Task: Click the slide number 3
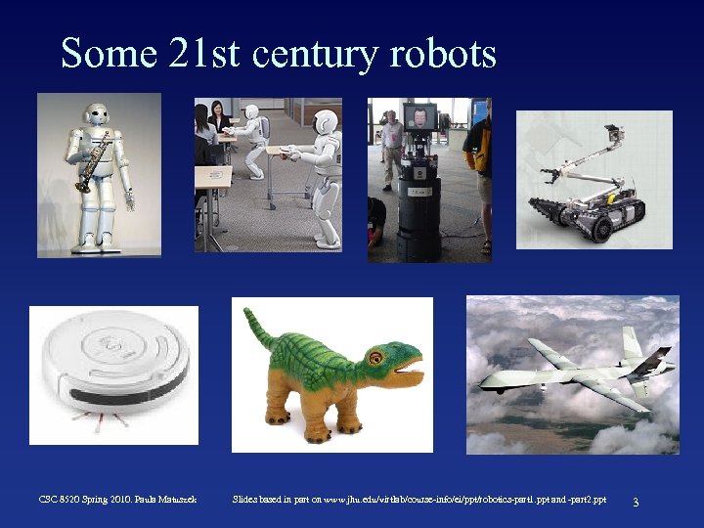pyautogui.click(x=636, y=502)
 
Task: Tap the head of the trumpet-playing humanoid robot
pyautogui.click(x=98, y=114)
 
